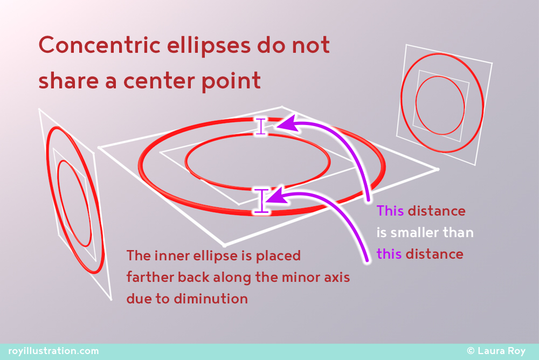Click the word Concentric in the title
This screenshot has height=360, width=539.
100,45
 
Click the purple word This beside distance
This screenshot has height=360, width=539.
390,211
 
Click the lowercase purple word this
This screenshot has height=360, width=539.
389,254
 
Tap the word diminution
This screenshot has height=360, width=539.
211,299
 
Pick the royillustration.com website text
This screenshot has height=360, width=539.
53,351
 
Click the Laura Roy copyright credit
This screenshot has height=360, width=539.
496,351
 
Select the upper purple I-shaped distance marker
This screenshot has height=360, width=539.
261,126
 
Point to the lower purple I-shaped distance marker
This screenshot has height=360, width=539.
262,201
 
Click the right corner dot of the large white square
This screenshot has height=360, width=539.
438,169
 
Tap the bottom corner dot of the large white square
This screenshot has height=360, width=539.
225,246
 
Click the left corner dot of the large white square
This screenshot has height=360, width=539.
99,148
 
